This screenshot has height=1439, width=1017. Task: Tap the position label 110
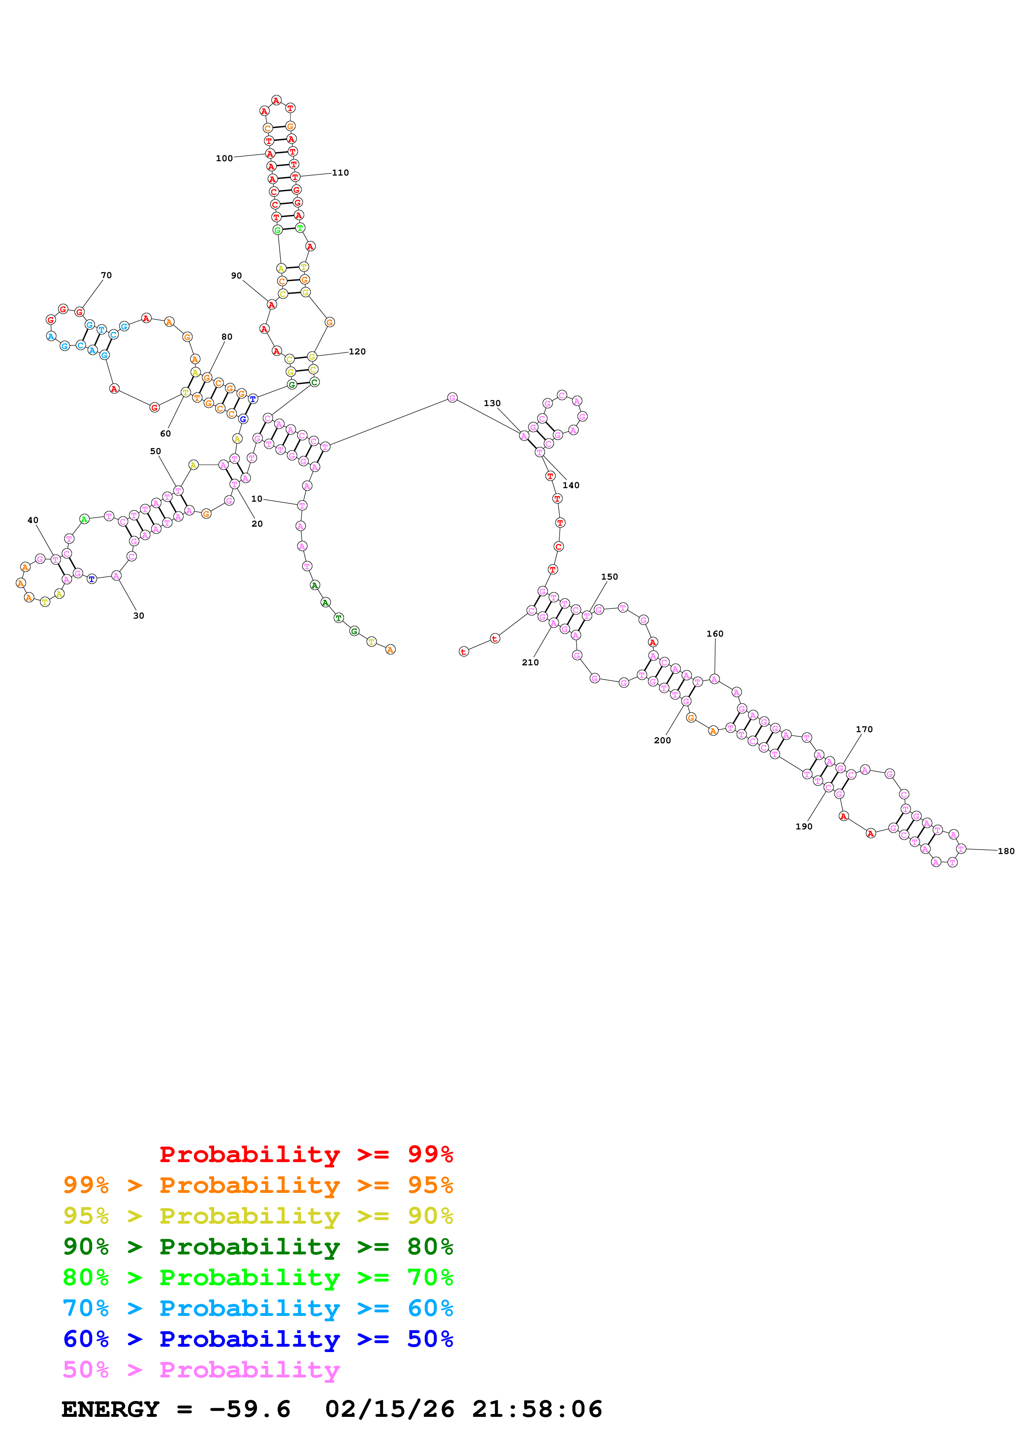coord(340,173)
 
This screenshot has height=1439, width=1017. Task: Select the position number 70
coord(107,275)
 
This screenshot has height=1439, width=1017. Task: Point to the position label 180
coord(1006,851)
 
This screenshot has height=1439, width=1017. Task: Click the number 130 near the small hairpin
coord(492,404)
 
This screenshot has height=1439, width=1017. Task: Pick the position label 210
coord(530,662)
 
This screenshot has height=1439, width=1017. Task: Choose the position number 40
coord(32,520)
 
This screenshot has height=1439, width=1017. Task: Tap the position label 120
coord(357,352)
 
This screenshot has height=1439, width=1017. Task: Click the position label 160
coord(715,634)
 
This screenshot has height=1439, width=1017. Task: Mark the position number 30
coord(139,616)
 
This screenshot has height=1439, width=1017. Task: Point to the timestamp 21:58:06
coord(537,1409)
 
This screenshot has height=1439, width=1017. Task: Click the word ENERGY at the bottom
coord(110,1409)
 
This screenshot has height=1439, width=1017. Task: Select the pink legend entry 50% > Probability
coord(201,1370)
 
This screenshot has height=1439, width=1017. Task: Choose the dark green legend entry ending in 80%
coord(258,1247)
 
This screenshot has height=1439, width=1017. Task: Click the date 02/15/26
coord(390,1409)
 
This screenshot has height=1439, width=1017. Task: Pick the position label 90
coord(236,276)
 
